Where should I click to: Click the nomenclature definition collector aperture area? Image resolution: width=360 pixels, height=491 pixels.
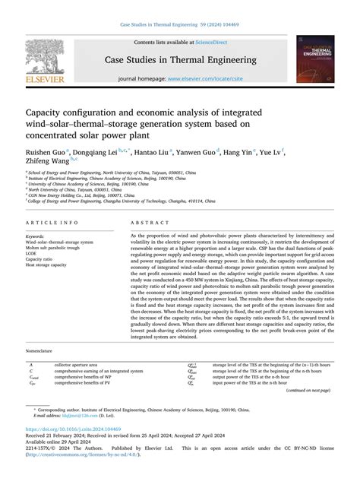[81, 366]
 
